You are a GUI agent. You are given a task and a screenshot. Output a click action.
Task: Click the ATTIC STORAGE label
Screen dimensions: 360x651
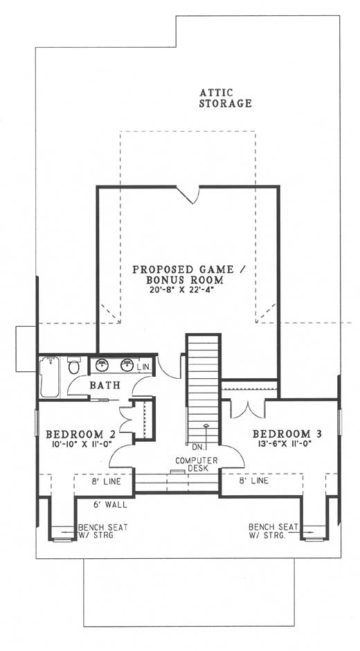coord(225,98)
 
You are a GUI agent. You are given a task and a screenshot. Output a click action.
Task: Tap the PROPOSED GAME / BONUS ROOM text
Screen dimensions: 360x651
coord(188,274)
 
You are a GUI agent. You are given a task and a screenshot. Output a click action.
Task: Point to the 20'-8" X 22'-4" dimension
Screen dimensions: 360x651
coord(184,289)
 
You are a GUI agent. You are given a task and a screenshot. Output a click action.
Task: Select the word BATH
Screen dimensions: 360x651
coord(105,385)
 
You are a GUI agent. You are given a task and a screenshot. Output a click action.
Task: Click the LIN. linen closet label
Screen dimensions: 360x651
coord(144,368)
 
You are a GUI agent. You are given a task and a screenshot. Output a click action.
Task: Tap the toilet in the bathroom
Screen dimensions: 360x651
coord(74,365)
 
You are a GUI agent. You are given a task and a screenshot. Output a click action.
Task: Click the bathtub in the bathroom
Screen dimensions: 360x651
coord(50,376)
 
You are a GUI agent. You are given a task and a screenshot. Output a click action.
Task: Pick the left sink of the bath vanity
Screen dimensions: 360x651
coord(102,366)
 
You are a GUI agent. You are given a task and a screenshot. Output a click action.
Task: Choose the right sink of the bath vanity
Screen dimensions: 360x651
coord(127,366)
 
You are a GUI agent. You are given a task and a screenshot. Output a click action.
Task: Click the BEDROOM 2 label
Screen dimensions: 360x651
coord(80,434)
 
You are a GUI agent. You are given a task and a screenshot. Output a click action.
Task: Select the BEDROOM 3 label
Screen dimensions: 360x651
coord(287,434)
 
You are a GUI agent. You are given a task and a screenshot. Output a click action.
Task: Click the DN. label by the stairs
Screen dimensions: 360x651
coord(197,447)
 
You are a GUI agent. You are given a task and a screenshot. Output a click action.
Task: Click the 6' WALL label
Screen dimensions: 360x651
coord(111,505)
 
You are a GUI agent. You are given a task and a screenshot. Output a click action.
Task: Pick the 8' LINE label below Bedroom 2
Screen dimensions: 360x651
coord(107,481)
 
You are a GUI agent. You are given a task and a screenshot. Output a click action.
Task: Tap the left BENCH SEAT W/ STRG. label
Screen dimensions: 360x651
coord(102,531)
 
